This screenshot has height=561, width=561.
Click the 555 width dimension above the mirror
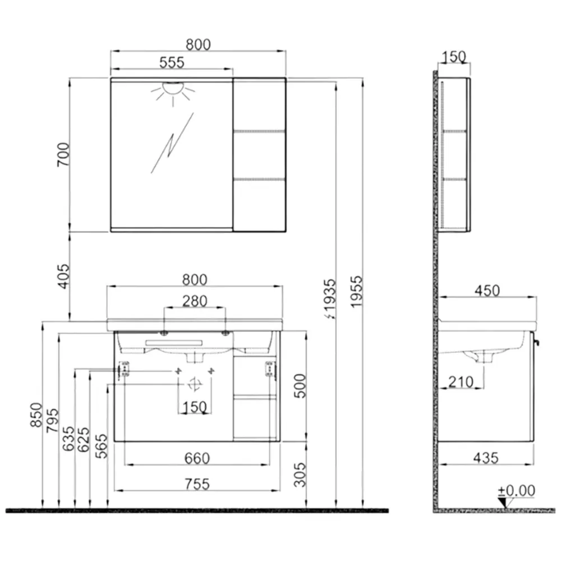[172, 62]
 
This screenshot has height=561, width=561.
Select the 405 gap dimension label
[63, 276]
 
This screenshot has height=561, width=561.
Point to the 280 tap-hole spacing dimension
[195, 301]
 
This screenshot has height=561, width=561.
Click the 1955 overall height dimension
[356, 291]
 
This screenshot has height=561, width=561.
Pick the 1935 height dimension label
[329, 299]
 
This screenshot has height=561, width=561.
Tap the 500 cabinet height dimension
[300, 386]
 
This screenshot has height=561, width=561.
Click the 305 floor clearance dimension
[300, 475]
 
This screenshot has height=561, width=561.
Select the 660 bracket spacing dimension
[197, 458]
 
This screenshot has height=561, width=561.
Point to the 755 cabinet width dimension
[197, 484]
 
